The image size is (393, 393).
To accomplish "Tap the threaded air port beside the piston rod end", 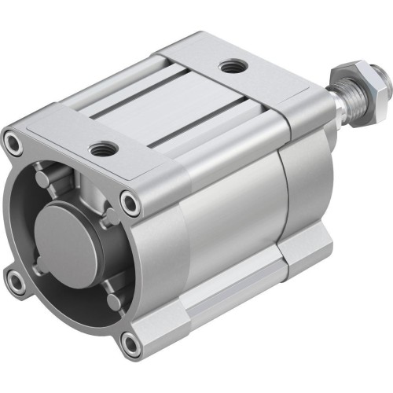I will (231, 68).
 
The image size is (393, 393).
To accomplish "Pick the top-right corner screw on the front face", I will (130, 204).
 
